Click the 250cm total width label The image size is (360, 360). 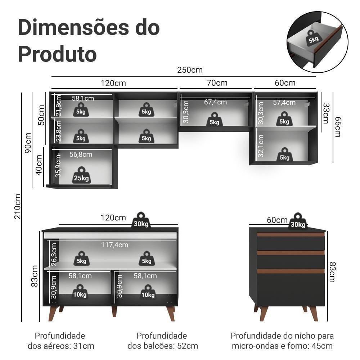pyautogui.click(x=190, y=70)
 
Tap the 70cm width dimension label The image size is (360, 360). pyautogui.click(x=217, y=83)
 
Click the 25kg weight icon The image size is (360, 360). pyautogui.click(x=81, y=175)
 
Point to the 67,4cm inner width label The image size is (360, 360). pyautogui.click(x=215, y=102)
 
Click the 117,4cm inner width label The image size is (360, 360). pyautogui.click(x=114, y=245)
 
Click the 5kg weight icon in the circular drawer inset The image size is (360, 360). pyautogui.click(x=313, y=37)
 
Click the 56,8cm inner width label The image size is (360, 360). pyautogui.click(x=81, y=154)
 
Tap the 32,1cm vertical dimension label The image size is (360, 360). pyautogui.click(x=261, y=146)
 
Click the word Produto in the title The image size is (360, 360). pyautogui.click(x=57, y=54)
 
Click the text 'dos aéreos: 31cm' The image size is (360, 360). pyautogui.click(x=61, y=346)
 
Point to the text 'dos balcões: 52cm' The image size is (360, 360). pyautogui.click(x=163, y=346)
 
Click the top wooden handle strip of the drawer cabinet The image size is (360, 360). pyautogui.click(x=291, y=234)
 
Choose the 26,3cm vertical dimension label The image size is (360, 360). pyautogui.click(x=54, y=254)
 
